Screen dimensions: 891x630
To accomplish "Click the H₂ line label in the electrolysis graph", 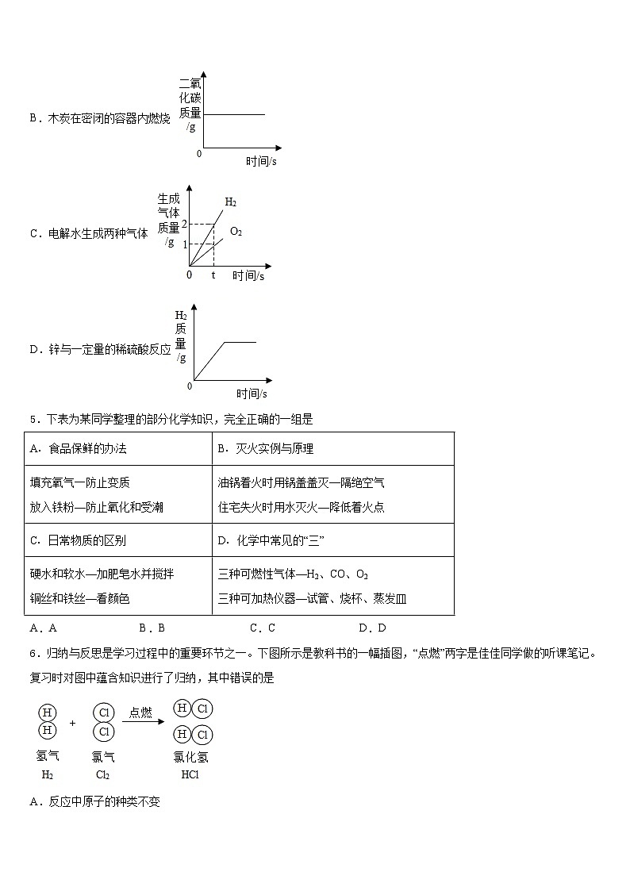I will tap(230, 202).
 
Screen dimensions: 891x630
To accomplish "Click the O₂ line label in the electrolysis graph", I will tap(236, 232).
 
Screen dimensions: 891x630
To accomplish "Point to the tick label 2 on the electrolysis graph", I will tap(184, 225).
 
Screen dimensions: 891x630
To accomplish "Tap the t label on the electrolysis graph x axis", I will tap(213, 275).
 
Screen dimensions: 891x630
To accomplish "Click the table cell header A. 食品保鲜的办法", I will tap(78, 448).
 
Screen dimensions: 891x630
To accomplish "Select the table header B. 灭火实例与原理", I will tap(265, 448).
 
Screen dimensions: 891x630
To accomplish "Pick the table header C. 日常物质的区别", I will tap(78, 540).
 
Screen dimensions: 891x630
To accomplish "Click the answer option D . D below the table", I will tap(372, 628).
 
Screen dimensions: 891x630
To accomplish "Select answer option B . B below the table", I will tap(152, 628).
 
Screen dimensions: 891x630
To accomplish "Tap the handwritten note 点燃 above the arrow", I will tap(140, 712).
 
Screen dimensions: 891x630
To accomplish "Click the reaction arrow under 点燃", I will tap(143, 722).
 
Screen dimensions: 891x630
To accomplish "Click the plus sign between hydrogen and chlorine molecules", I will tap(72, 723).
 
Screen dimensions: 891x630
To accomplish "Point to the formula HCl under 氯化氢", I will tap(190, 774).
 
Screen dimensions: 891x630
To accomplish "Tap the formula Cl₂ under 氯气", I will tap(102, 774).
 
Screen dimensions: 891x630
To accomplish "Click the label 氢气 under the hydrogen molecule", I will tap(48, 757).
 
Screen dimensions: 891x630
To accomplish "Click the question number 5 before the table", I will tap(32, 420).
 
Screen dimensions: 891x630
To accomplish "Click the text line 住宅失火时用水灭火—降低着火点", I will tap(301, 507).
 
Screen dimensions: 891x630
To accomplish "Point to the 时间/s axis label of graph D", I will tap(252, 394).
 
